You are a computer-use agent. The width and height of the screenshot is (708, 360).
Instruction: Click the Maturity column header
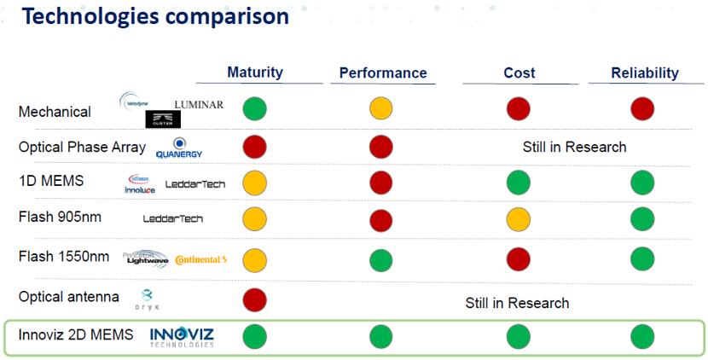(255, 73)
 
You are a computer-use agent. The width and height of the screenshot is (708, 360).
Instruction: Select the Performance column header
(383, 73)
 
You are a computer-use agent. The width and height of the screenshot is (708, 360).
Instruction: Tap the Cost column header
(519, 73)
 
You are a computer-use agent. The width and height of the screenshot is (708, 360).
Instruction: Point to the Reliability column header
(644, 73)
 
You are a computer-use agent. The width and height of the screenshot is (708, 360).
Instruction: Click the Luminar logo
(199, 105)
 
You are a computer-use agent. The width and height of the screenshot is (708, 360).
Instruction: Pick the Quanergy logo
(179, 148)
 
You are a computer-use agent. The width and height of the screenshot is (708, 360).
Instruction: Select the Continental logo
(201, 259)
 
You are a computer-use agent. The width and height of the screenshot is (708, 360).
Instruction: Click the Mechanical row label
(55, 112)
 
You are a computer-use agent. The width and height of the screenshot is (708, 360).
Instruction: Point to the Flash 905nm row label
(60, 217)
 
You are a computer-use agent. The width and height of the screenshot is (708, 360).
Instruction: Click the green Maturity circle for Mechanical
(254, 109)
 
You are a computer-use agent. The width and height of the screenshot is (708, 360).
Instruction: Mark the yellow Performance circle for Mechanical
(381, 109)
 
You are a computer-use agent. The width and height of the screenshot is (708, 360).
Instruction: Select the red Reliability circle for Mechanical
(642, 109)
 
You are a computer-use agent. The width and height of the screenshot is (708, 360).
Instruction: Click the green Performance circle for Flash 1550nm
(381, 259)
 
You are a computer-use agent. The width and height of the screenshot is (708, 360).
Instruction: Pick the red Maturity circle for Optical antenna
(254, 299)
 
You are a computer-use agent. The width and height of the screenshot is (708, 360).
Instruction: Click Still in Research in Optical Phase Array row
(574, 147)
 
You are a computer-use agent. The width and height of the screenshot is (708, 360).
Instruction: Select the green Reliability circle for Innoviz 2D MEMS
(642, 336)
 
